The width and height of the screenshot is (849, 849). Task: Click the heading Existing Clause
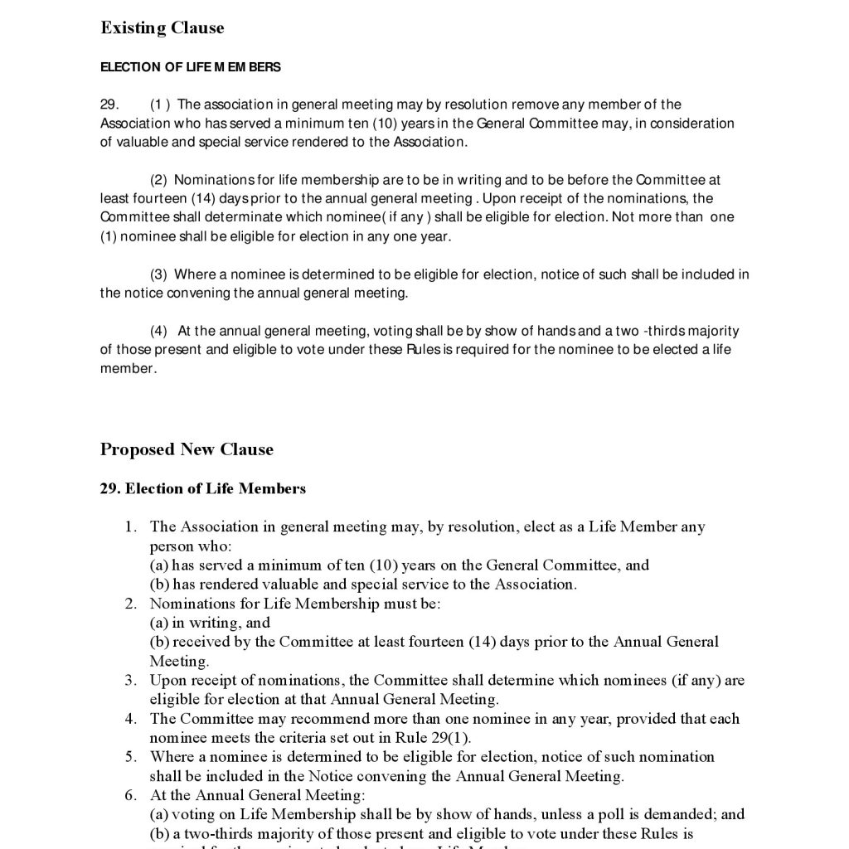[162, 28]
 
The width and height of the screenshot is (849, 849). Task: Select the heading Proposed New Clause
[187, 450]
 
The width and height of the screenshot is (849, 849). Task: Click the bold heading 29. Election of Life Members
[203, 489]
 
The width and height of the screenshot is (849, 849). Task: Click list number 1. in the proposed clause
[131, 527]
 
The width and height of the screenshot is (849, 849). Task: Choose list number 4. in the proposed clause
[131, 719]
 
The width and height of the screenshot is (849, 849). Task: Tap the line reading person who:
[191, 546]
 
